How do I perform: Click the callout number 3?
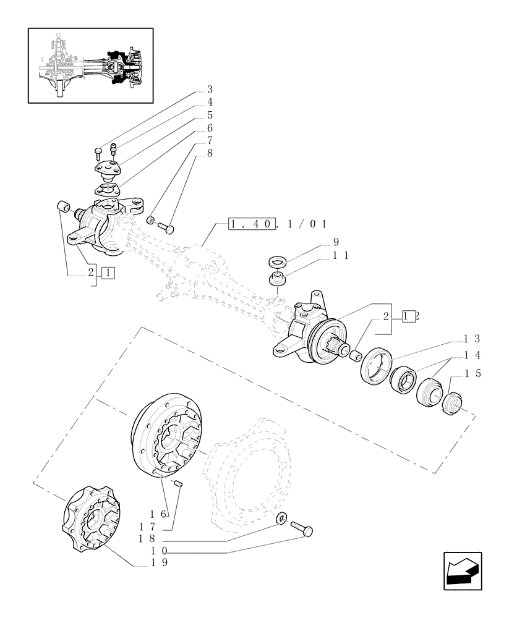[210, 89]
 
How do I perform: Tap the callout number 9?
[336, 242]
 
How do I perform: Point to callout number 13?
[474, 339]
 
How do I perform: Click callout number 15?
[474, 374]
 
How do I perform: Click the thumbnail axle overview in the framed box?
[90, 65]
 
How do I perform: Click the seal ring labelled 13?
[375, 366]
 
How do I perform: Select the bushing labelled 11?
[278, 279]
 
